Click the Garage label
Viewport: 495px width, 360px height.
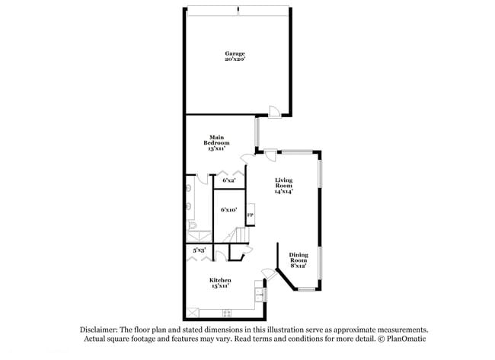point(235,53)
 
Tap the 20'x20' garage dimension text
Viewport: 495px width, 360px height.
point(235,59)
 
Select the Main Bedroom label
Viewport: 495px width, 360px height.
point(216,140)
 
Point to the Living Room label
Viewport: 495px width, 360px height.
point(284,183)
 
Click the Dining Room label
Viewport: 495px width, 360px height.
point(298,258)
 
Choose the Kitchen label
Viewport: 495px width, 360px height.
point(221,280)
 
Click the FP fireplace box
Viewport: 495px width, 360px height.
point(249,216)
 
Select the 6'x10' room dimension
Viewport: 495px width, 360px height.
point(228,209)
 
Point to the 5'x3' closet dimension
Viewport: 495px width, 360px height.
point(199,250)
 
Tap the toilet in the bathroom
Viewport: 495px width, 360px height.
point(191,227)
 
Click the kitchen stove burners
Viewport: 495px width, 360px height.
point(226,314)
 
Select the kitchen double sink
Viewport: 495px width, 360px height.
point(259,292)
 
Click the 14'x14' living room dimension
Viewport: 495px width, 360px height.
point(284,192)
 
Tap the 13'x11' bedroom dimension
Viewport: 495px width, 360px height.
point(216,149)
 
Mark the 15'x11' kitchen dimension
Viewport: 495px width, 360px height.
point(221,286)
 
